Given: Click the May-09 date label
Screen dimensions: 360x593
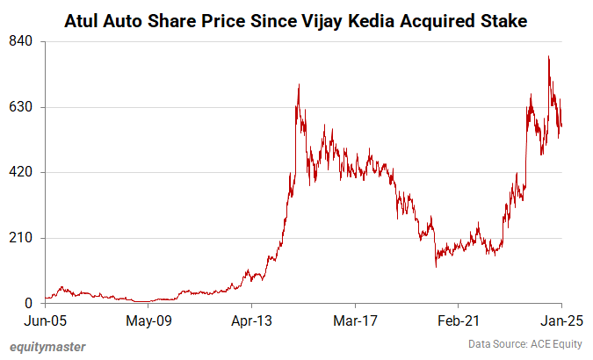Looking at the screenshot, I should click(148, 321).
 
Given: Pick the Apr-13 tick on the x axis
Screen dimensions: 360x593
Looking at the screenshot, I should click(251, 321).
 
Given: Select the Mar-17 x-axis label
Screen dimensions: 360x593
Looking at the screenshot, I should click(355, 321).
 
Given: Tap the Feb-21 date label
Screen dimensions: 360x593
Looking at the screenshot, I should click(458, 321).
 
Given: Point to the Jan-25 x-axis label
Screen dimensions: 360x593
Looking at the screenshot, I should click(557, 321).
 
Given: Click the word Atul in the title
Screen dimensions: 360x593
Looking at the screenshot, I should click(83, 19).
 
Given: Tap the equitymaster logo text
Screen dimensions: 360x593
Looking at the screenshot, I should click(48, 346).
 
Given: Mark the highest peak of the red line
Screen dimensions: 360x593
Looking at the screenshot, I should click(548, 57).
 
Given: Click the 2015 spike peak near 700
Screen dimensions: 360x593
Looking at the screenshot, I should click(299, 85).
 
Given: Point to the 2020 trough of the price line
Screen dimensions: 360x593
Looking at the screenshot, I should click(436, 266).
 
